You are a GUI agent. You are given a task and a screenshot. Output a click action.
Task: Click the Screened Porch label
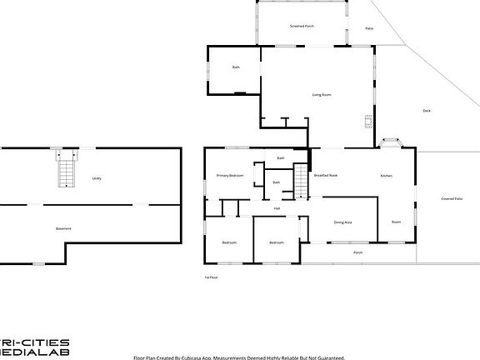coord(302,27)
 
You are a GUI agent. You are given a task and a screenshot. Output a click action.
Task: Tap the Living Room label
coord(322,95)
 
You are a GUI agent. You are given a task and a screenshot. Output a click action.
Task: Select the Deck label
coord(426,111)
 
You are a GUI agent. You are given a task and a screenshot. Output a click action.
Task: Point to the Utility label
coord(97,178)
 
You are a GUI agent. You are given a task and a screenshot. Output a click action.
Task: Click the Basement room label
coord(63,228)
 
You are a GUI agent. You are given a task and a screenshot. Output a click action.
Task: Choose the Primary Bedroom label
coord(230,176)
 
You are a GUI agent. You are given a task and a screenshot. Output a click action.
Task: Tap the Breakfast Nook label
coord(325,176)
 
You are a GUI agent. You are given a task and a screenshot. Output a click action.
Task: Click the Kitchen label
coord(386,176)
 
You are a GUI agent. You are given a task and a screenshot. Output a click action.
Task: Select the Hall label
coord(277,208)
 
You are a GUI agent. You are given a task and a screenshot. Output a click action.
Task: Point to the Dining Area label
coord(342,222)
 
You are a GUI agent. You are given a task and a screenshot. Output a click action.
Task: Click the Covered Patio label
coord(452,198)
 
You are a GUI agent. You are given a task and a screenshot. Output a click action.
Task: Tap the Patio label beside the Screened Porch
coord(369,28)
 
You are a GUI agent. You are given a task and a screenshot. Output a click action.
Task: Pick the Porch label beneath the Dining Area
coord(357,252)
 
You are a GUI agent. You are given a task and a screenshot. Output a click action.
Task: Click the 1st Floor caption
coord(212,277)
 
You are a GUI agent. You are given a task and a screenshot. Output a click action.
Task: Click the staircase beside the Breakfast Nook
coord(302,180)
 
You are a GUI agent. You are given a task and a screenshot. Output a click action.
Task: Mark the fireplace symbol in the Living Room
coord(367,121)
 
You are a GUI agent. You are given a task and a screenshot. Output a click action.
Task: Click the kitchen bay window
coord(393,143)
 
